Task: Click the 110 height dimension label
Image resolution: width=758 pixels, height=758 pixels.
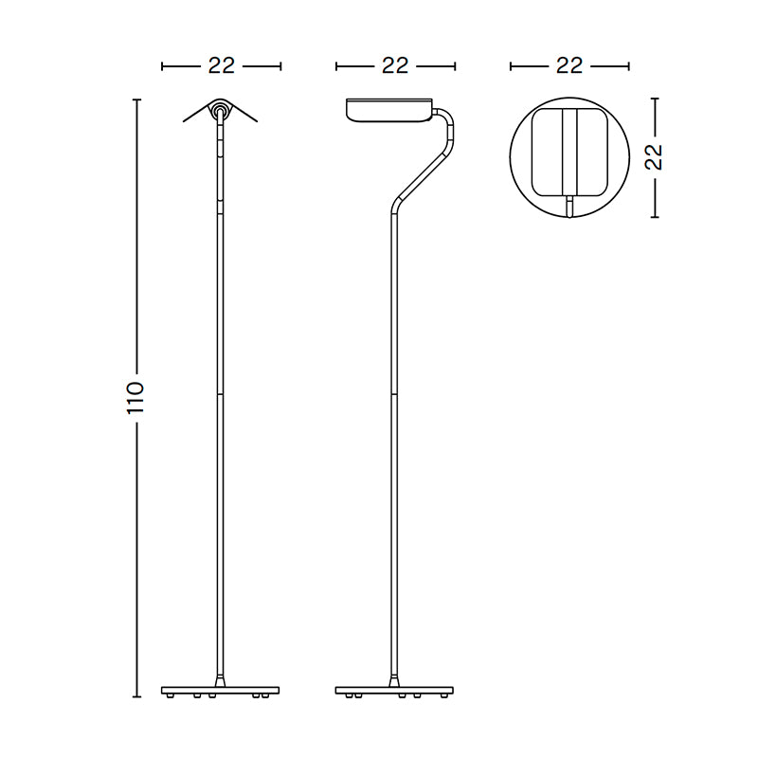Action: point(136,397)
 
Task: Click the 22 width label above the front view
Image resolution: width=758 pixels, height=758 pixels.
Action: point(222,65)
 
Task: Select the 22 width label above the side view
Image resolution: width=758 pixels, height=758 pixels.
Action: point(395,65)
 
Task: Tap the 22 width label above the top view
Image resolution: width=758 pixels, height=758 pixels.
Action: point(569,65)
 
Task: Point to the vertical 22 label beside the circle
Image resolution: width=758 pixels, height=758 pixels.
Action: point(654,156)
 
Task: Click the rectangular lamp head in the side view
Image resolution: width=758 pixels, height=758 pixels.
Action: point(389,110)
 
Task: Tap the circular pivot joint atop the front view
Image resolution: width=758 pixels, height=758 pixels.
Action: point(221,110)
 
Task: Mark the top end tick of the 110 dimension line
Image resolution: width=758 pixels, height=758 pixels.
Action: point(136,98)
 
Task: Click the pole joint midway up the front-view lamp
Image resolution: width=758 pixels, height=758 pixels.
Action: point(221,392)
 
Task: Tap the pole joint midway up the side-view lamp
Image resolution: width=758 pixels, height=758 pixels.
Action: point(395,392)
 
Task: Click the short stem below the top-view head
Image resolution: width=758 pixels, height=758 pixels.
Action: point(569,206)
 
